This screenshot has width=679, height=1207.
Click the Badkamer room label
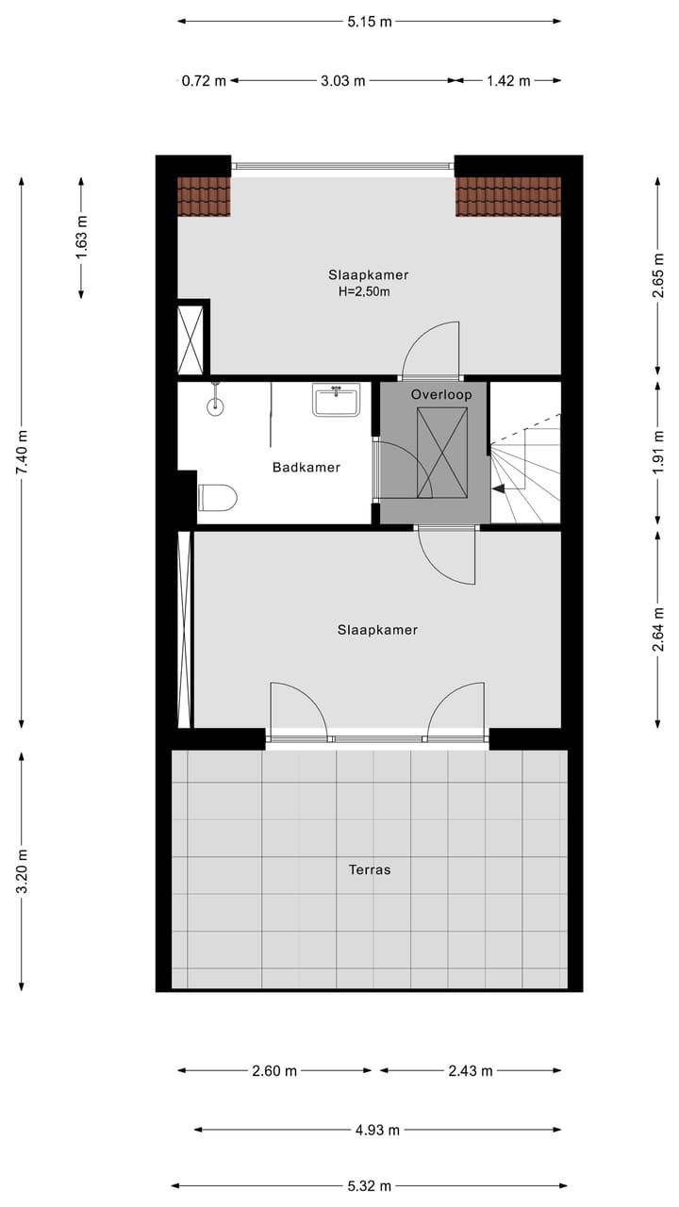coord(306,467)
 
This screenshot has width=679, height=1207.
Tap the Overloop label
coord(440,394)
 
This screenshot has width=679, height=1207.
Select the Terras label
coord(368,869)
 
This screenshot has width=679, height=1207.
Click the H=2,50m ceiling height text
coord(364,292)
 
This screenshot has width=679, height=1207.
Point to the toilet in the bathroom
coord(217,497)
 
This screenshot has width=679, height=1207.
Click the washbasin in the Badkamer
coord(336,400)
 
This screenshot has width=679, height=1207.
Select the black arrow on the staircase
coord(498,488)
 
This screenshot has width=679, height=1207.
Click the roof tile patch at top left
coord(204,196)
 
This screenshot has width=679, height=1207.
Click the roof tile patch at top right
coord(508,196)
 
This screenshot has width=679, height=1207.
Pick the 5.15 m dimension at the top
coord(369,22)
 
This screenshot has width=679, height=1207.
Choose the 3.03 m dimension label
coord(342,81)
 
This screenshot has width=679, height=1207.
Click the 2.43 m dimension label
coord(470,1070)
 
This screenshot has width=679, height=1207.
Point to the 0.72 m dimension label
coord(204,81)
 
